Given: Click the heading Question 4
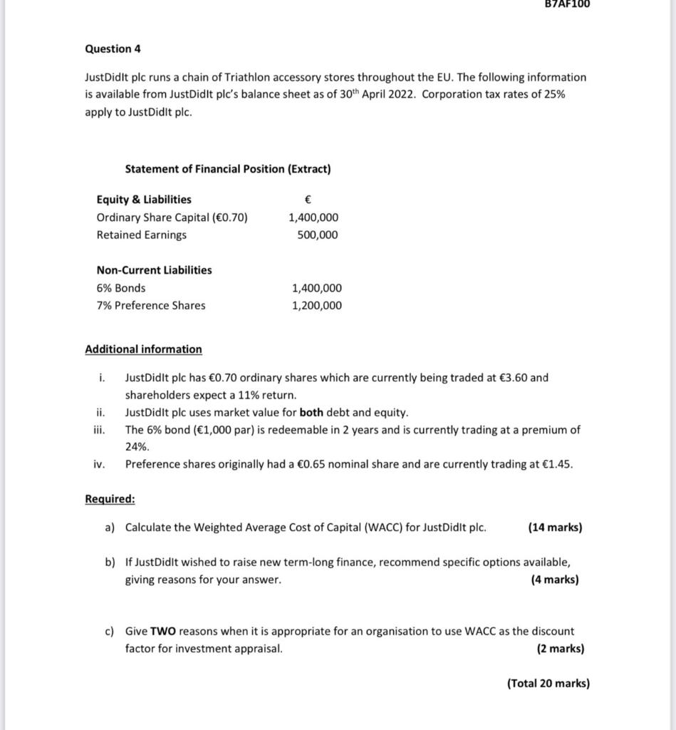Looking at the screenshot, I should [x=113, y=49].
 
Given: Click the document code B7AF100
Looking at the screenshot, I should [x=567, y=4].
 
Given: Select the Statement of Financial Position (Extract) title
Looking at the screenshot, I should [x=227, y=169].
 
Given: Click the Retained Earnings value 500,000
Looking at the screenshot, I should [x=318, y=235].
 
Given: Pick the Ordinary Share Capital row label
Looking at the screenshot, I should [x=172, y=217].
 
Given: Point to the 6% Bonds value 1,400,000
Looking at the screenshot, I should [x=316, y=288].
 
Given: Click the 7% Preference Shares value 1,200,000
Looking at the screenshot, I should [x=316, y=306].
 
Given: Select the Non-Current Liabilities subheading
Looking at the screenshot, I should [x=154, y=270].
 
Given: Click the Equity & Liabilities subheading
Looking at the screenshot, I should [x=144, y=200].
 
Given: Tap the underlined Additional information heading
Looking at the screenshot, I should [x=143, y=349].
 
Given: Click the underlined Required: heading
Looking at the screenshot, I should [x=110, y=499].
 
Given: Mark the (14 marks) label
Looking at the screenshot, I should [x=554, y=528].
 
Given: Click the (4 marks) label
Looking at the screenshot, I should [x=554, y=580].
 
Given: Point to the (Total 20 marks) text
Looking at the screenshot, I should [x=548, y=683].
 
